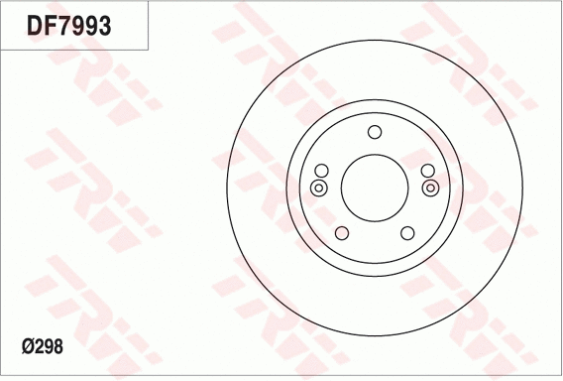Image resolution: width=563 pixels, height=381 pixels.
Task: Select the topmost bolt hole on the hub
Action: click(x=374, y=133)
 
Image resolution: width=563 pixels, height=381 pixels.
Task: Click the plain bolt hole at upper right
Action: click(x=425, y=170)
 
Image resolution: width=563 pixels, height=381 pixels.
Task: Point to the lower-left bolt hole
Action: click(x=342, y=232)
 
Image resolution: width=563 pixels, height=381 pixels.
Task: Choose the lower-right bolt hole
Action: click(x=406, y=232)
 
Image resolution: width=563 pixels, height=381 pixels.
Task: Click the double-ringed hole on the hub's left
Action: click(x=318, y=188)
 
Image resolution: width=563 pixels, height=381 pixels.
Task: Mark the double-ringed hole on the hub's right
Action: click(x=429, y=188)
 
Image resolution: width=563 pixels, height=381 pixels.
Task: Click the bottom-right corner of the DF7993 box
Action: click(x=149, y=50)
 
